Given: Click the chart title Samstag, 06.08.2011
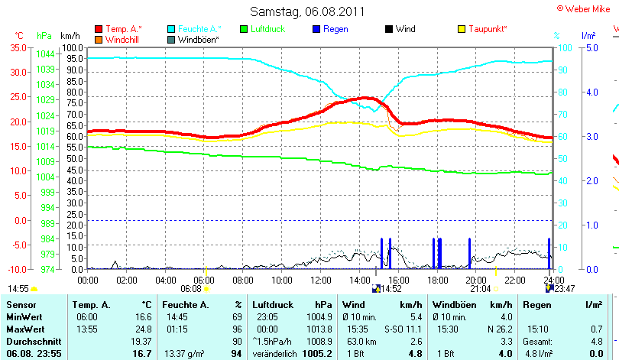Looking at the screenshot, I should coord(307,11).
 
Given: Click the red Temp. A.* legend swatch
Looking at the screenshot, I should coord(99,29).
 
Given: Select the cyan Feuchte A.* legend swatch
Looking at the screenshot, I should coord(171,29).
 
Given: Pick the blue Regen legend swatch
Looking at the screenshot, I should coord(316,29).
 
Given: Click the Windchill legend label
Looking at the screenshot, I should coord(122,38).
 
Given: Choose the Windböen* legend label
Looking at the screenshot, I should coord(198,38).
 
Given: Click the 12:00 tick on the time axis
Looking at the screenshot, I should coord(321,280).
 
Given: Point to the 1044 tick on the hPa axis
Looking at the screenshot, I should coord(45,54).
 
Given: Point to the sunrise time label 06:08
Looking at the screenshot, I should coord(190,289).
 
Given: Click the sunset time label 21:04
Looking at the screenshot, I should coord(480,289).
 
